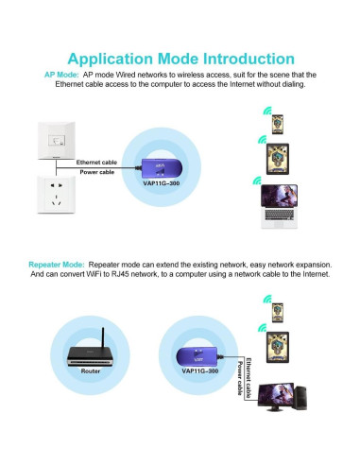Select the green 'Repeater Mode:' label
pos(57,264)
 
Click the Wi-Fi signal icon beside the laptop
pos(255,181)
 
